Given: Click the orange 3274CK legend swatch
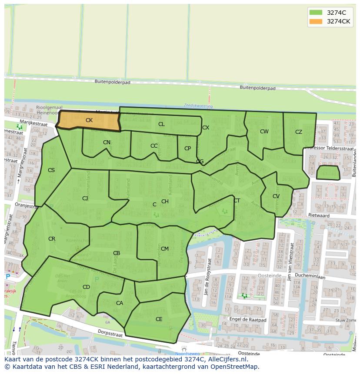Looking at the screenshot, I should click(x=316, y=21).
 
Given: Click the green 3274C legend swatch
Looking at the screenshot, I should click(x=316, y=13).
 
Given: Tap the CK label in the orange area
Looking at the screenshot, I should click(x=89, y=120).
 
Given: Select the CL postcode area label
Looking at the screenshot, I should click(x=161, y=124).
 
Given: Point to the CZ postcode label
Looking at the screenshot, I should click(x=299, y=132).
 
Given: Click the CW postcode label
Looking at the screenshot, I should click(x=264, y=132).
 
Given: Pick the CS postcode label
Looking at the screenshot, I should click(x=51, y=170).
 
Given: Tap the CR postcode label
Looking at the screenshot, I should click(x=52, y=239).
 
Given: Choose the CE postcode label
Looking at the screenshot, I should click(x=159, y=319).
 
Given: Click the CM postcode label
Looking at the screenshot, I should click(x=165, y=249).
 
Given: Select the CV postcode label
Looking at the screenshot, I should click(x=276, y=196).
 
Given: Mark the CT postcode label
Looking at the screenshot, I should click(x=237, y=201).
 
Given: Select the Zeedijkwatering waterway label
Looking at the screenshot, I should click(x=198, y=106).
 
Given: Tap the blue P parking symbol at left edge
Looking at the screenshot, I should click(x=7, y=277).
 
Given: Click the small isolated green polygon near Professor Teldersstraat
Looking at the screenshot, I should click(x=328, y=173).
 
